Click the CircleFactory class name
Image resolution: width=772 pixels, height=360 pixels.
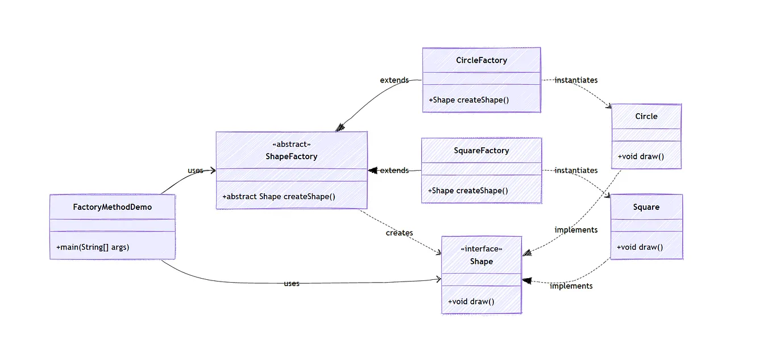coord(481,60)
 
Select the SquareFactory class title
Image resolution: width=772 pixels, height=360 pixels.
coord(481,151)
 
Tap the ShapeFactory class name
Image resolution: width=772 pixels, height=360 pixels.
coord(291,156)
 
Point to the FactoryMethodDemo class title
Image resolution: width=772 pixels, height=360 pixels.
coord(113,207)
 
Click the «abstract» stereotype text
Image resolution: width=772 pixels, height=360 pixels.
coord(291,144)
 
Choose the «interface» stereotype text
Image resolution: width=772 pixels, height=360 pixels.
coord(481,249)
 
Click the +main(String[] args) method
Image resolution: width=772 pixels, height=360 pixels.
coord(93,247)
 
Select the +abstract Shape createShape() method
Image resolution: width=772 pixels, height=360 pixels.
coord(279,197)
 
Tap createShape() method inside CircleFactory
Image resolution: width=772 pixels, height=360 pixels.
coord(468,100)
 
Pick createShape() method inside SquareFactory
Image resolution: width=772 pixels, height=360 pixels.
coord(468,191)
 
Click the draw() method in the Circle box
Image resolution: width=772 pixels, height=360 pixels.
coord(641,156)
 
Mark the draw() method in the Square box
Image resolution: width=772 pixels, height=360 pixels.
coord(640,247)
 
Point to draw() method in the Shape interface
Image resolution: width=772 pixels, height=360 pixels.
coord(471,301)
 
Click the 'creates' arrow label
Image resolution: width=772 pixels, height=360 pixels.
coord(399,233)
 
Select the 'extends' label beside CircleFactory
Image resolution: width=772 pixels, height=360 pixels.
coord(394,80)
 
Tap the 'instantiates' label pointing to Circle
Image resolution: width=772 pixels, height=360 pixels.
coord(576,80)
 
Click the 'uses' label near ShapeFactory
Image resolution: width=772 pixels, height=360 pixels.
coord(196,171)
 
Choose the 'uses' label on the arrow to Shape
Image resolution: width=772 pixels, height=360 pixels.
coord(291,283)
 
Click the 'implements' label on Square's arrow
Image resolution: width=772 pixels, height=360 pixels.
coord(571,286)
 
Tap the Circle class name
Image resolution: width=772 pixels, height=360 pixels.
coord(646,116)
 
